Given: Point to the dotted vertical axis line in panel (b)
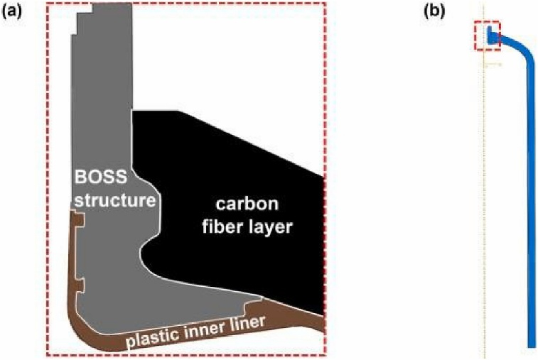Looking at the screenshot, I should click(x=483, y=213).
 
